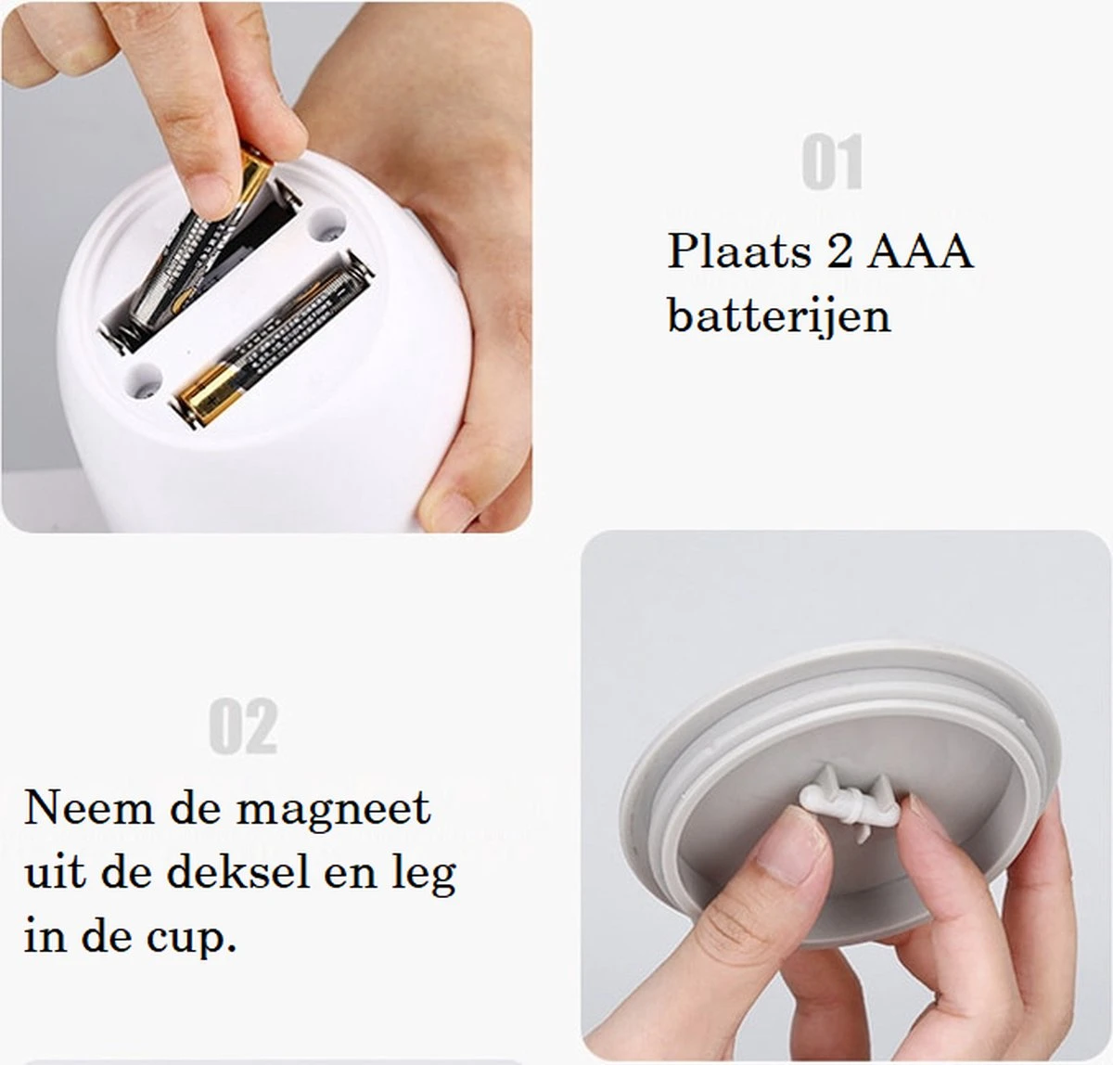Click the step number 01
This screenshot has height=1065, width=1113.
[x=832, y=163]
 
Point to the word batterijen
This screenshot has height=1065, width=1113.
[x=778, y=315]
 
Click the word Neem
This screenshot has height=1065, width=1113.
[x=76, y=808]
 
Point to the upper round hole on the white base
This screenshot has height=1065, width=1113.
[x=325, y=225]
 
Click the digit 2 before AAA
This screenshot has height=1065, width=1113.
[x=839, y=251]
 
